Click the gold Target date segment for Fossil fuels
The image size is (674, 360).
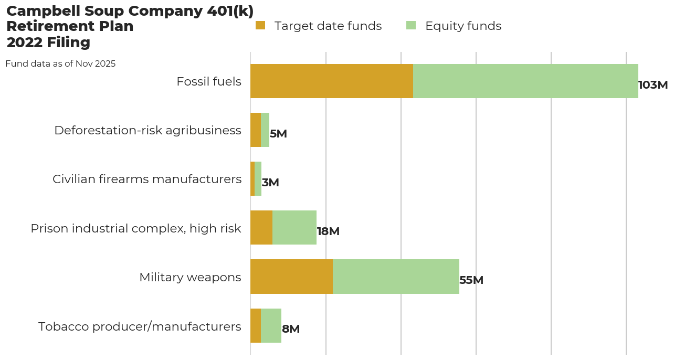(332, 81)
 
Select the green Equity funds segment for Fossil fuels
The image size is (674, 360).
(525, 81)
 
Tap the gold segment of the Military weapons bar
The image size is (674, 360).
(291, 277)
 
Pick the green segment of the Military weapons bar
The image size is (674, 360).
(396, 277)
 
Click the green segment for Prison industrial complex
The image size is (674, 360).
(294, 228)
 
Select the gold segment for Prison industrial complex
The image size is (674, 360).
(261, 228)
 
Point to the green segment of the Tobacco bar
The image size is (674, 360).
(271, 325)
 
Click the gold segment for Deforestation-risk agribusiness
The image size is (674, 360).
(256, 130)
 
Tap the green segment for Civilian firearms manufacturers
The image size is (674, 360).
(258, 179)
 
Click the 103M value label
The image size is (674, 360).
(652, 85)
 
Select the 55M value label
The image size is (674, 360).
(471, 280)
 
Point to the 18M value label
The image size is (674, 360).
(328, 231)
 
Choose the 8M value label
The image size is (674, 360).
(291, 329)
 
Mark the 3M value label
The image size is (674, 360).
(270, 183)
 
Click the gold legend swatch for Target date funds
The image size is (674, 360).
(260, 25)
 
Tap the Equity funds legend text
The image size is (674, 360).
(463, 26)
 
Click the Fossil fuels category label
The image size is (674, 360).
(209, 82)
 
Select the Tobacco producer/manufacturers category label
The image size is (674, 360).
(140, 326)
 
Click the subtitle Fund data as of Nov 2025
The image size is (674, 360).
(60, 64)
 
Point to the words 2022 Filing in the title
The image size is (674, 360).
(48, 43)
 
